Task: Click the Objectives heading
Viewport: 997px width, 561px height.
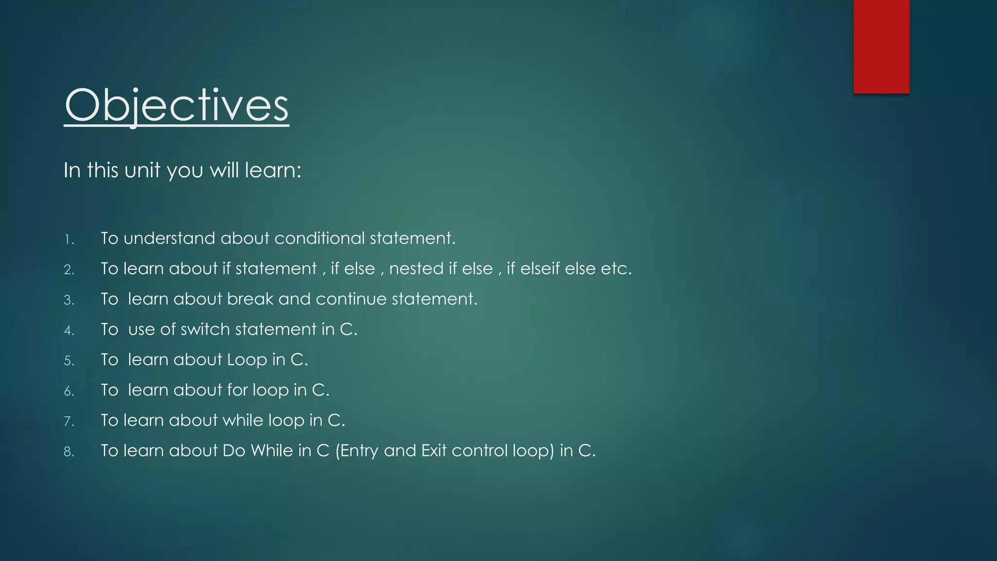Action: (x=176, y=106)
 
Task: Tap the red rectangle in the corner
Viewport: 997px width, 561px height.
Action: (x=881, y=46)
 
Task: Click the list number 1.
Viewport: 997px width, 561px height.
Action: (x=69, y=240)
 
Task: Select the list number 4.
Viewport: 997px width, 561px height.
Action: (x=69, y=331)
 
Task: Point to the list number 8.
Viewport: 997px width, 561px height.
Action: (x=69, y=452)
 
